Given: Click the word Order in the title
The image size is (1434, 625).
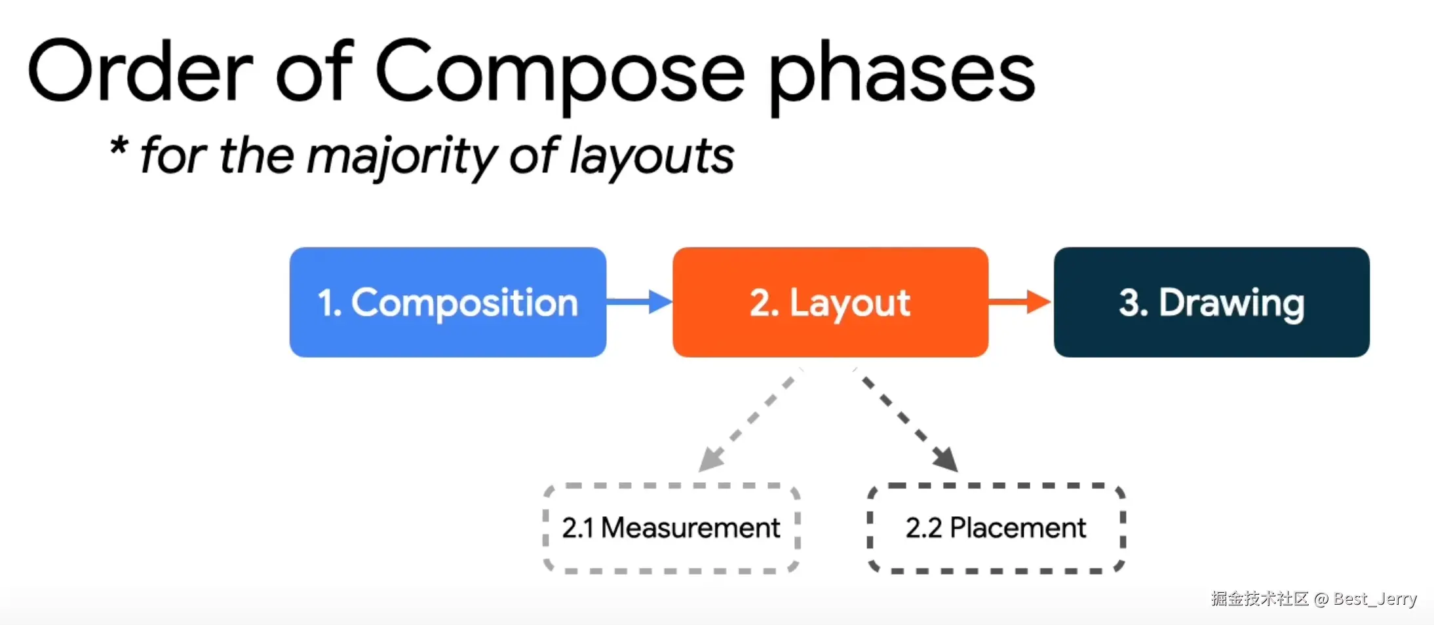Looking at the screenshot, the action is coord(140,71).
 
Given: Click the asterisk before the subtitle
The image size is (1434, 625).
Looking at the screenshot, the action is coord(119,145).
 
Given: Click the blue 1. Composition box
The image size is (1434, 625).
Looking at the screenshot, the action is coord(448,302).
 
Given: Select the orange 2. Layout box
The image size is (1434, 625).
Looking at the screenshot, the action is coord(830,302).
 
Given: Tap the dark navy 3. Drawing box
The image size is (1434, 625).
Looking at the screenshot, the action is coord(1212,302).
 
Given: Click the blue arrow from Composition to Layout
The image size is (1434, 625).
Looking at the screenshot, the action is coord(640,301).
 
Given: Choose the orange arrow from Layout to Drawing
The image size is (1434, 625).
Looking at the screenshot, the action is coord(1020,301).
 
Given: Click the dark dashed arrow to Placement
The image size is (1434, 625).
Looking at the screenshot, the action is coord(906,421).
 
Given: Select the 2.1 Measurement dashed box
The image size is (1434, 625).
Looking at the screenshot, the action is coord(672,528).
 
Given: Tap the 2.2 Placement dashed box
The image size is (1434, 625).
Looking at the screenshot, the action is coord(996,528).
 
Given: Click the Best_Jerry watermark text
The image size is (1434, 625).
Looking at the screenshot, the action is coord(1375,599).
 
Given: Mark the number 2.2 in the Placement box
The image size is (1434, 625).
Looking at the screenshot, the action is coord(923,528).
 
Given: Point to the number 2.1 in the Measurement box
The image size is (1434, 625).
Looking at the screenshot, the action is coord(577,528).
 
